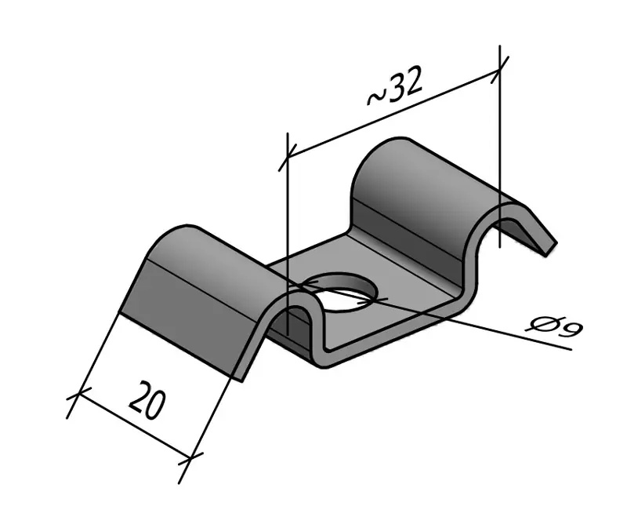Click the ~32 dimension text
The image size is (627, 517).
pos(395,87)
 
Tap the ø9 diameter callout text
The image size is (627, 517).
pos(555,325)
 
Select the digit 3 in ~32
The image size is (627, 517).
pos(397,88)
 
